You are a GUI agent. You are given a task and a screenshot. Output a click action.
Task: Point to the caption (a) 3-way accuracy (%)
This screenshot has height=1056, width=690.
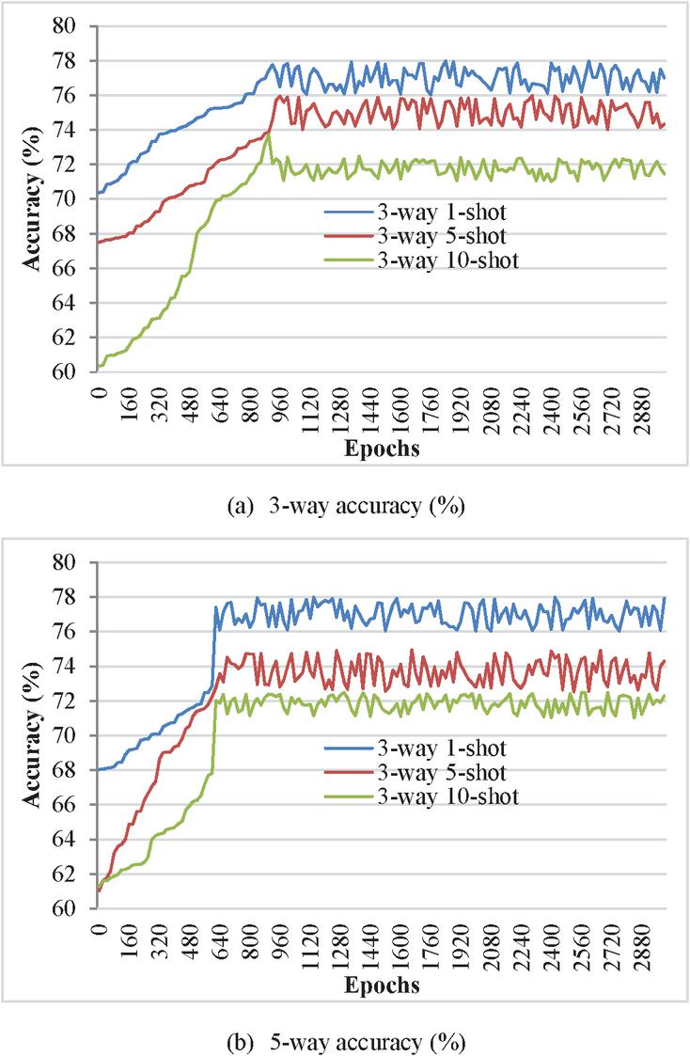tap(346, 505)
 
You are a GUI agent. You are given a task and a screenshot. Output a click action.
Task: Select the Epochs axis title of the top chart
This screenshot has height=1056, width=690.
tap(381, 449)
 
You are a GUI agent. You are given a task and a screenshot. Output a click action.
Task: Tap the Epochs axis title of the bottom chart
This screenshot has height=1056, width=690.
tap(381, 986)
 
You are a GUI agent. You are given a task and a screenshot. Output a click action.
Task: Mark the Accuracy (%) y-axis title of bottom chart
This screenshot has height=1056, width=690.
tap(34, 734)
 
